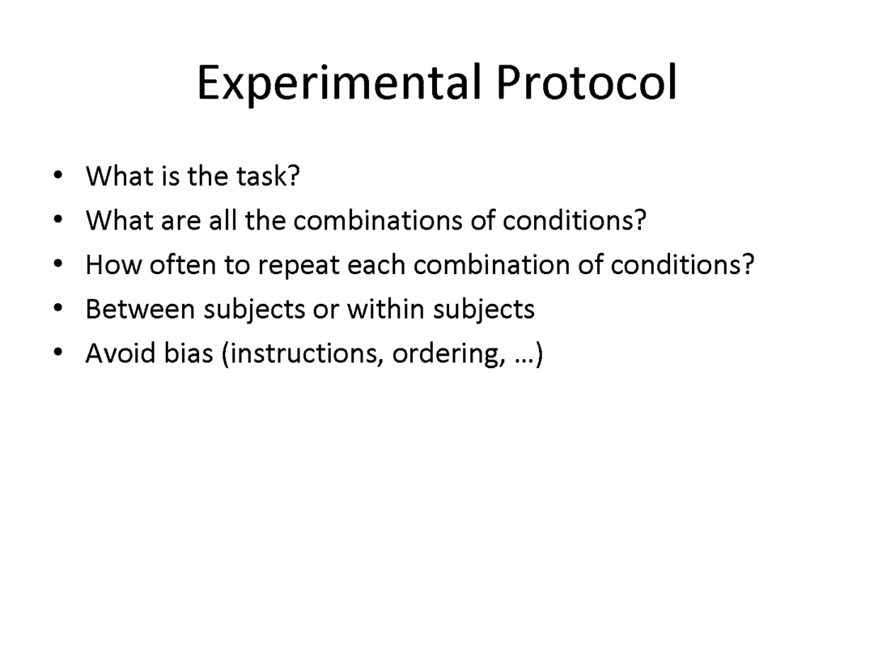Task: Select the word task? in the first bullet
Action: click(x=268, y=176)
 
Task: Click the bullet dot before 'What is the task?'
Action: click(x=58, y=175)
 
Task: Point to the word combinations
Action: click(x=378, y=221)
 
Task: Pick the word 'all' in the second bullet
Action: click(x=223, y=220)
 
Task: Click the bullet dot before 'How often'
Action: click(x=58, y=264)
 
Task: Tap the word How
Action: click(x=113, y=264)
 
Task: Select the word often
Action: click(x=182, y=264)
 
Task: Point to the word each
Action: click(x=376, y=264)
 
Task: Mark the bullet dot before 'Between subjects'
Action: click(x=58, y=308)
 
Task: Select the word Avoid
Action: click(x=121, y=353)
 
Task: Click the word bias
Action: click(x=189, y=353)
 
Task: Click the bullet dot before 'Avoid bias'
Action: click(x=58, y=352)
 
